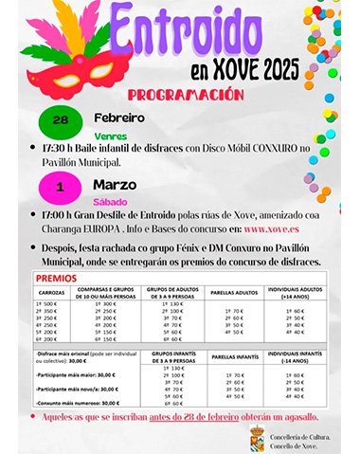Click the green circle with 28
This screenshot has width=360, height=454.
[x=61, y=121]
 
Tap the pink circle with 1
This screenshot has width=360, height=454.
[x=61, y=188]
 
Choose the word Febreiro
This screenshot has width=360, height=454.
[x=118, y=118]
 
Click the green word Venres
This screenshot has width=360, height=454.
[x=112, y=136]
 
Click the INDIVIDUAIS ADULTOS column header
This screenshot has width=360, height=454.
[x=293, y=296]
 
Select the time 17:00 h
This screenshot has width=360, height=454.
[x=61, y=215]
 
